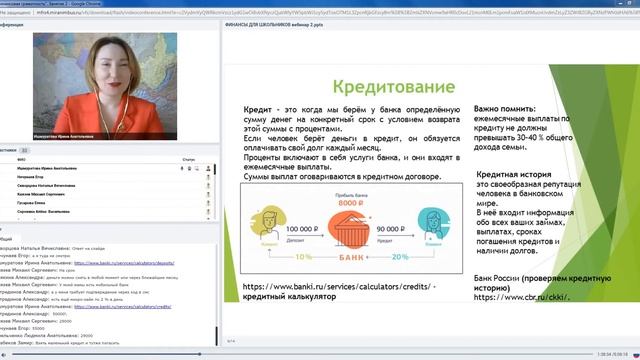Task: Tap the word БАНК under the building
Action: (342, 256)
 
